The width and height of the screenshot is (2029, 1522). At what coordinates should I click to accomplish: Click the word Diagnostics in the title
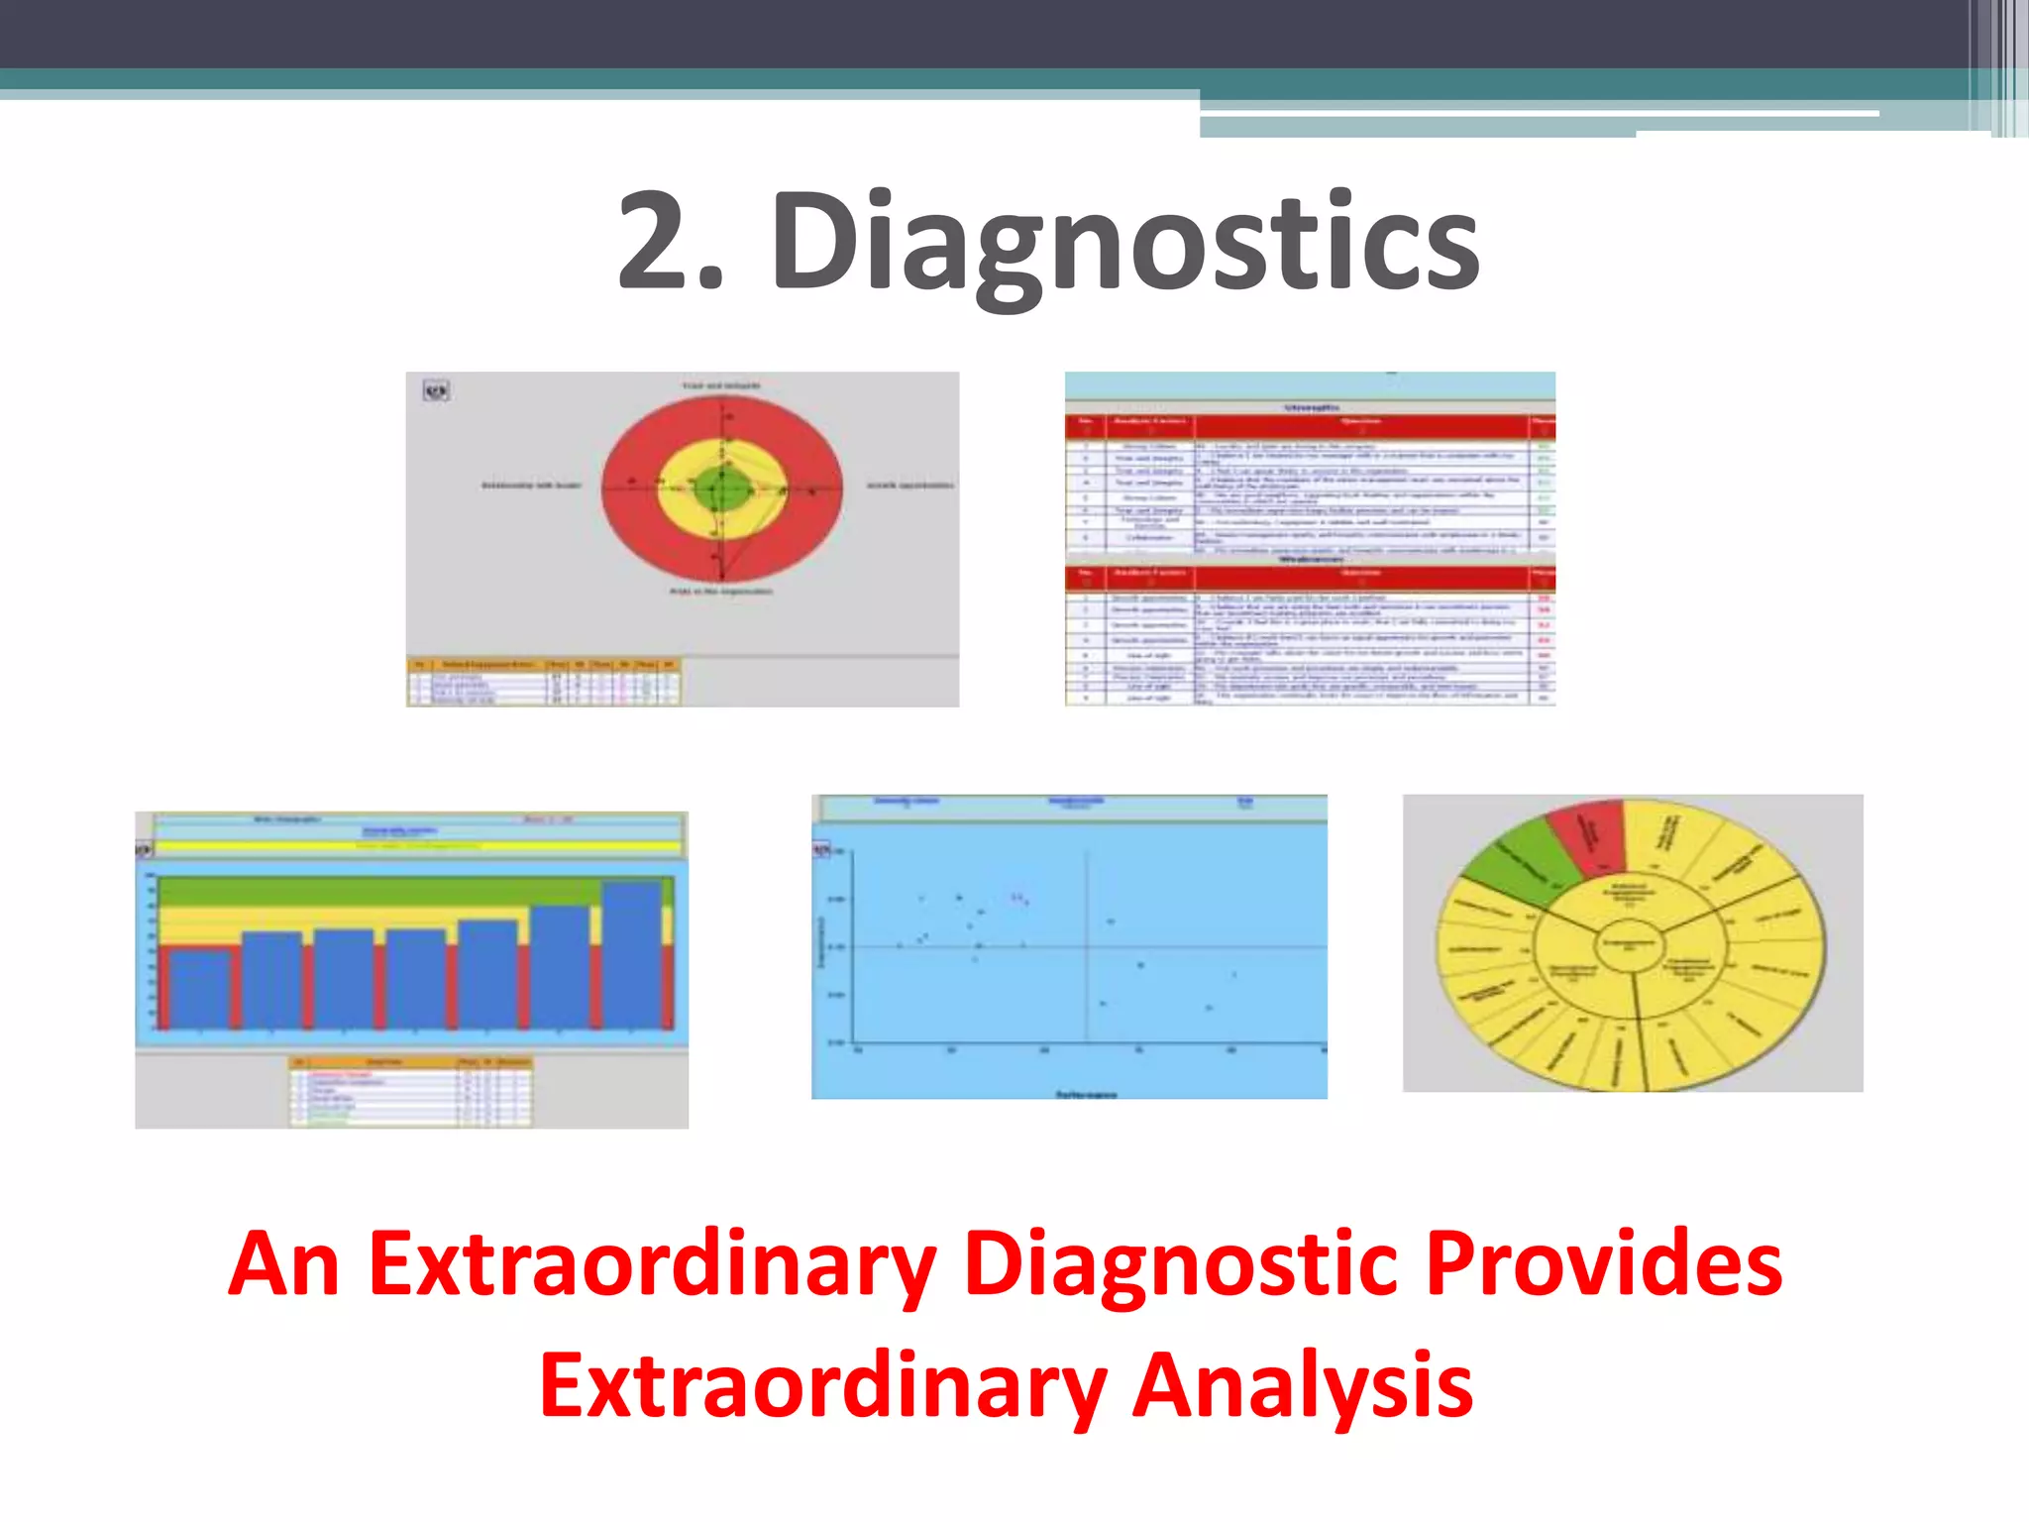pyautogui.click(x=1124, y=243)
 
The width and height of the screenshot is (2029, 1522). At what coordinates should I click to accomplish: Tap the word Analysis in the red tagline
pyautogui.click(x=1302, y=1384)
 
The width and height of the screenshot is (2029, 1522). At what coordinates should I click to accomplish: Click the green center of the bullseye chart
pyautogui.click(x=722, y=489)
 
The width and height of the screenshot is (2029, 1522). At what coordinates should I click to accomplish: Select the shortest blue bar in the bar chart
pyautogui.click(x=199, y=988)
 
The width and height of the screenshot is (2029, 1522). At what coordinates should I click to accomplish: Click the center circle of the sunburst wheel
pyautogui.click(x=1629, y=944)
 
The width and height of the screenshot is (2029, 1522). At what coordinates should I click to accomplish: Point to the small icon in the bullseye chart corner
pyautogui.click(x=436, y=391)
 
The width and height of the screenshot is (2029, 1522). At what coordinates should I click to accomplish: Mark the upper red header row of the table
pyautogui.click(x=1310, y=427)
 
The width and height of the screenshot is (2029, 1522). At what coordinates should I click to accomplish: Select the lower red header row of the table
pyautogui.click(x=1310, y=578)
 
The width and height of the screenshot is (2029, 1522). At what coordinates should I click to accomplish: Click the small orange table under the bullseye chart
pyautogui.click(x=544, y=682)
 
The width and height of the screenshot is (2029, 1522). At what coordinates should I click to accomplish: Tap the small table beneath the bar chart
pyautogui.click(x=411, y=1092)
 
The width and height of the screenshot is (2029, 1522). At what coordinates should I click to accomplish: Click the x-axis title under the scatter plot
pyautogui.click(x=1086, y=1094)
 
